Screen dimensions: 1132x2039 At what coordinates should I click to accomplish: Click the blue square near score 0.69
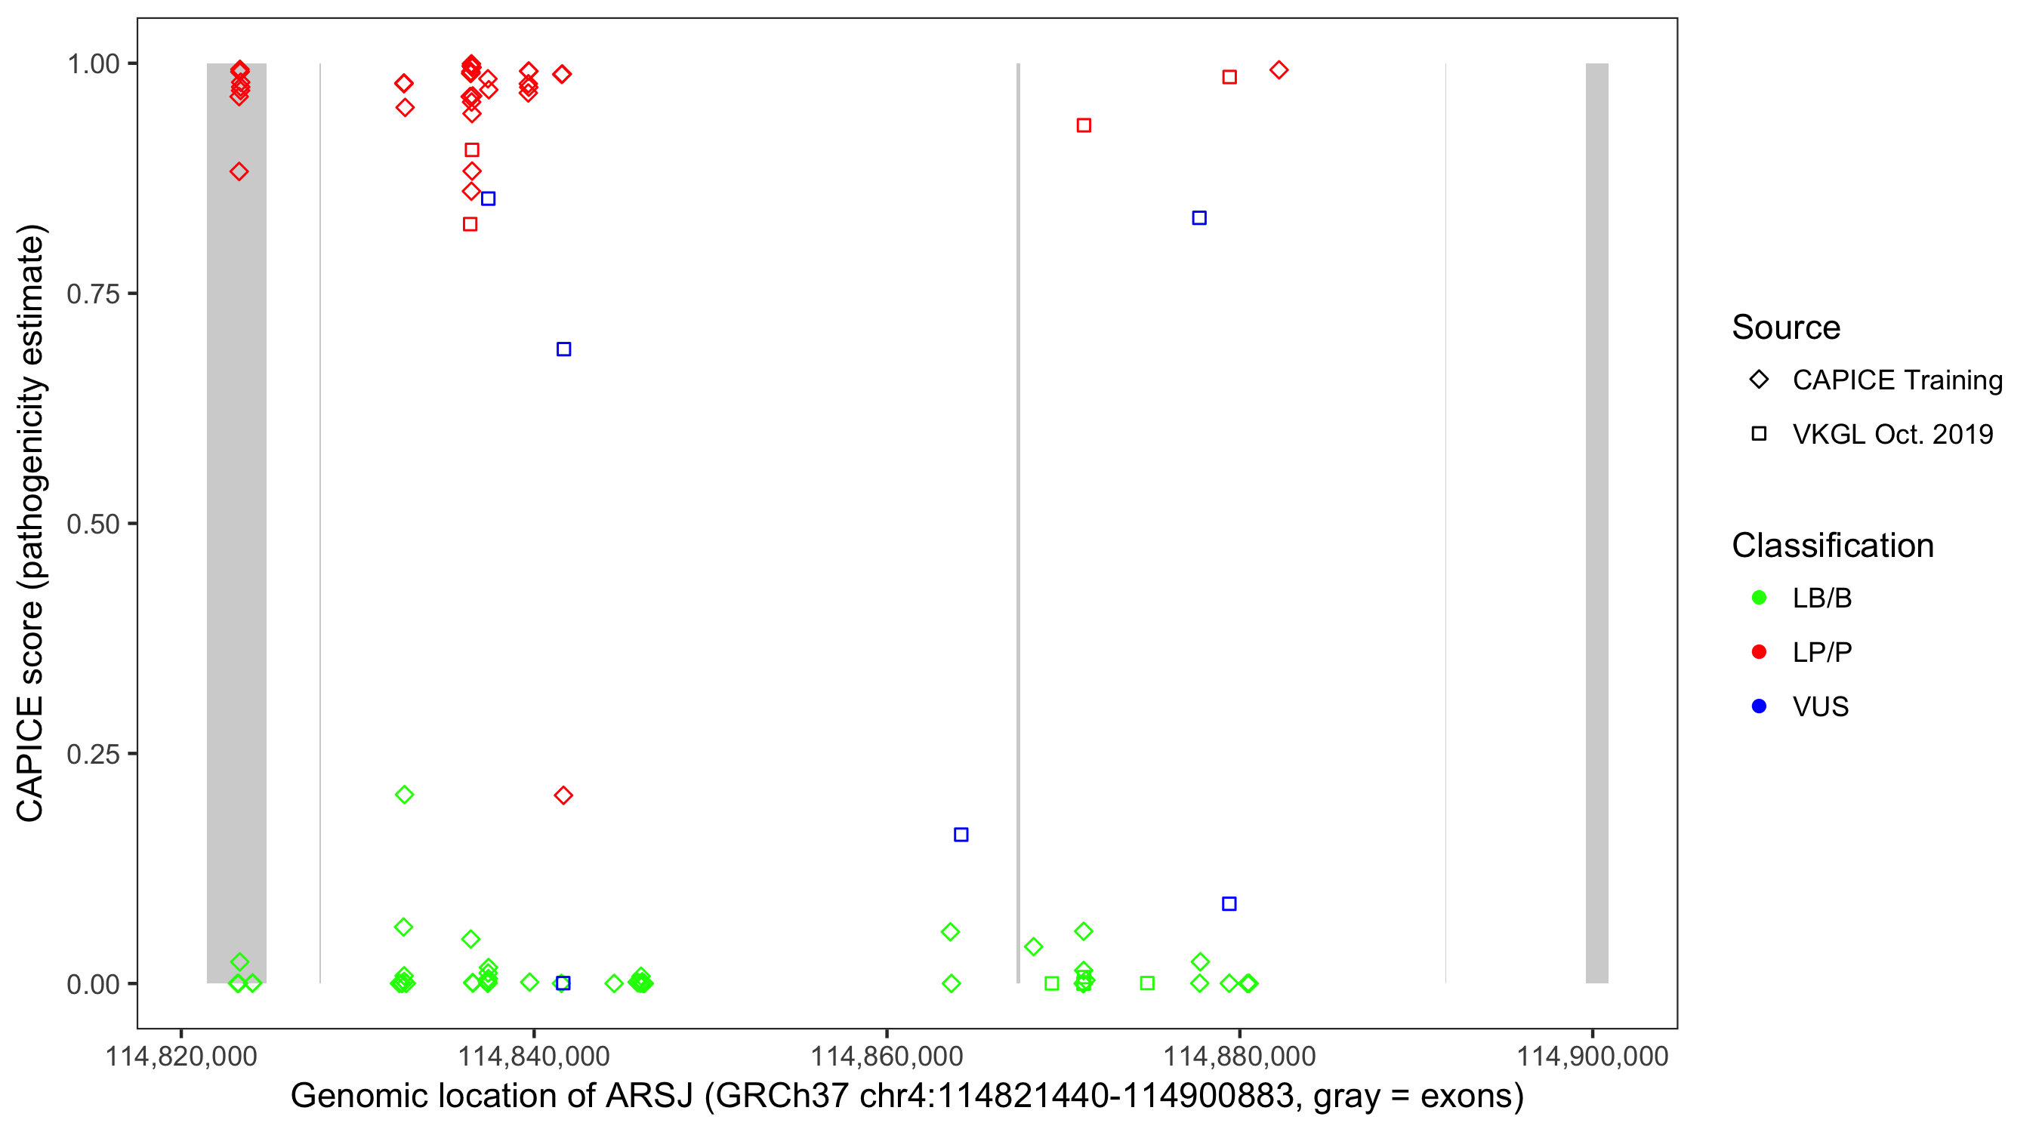pyautogui.click(x=563, y=349)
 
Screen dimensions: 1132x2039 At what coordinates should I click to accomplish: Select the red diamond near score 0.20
pyautogui.click(x=563, y=795)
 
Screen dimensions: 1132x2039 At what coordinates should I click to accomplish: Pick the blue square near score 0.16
pyautogui.click(x=961, y=835)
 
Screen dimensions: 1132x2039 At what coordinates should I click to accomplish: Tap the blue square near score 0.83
pyautogui.click(x=1199, y=217)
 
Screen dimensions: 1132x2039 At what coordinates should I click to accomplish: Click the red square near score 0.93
pyautogui.click(x=1084, y=125)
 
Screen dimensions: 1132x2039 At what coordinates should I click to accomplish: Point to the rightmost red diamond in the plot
pyautogui.click(x=1279, y=69)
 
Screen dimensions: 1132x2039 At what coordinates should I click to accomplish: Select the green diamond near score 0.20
pyautogui.click(x=404, y=794)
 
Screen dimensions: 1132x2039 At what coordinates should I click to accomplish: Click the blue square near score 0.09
pyautogui.click(x=1229, y=903)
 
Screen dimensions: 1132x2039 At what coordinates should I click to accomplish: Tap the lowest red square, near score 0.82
pyautogui.click(x=470, y=224)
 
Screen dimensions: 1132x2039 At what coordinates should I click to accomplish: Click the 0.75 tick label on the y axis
pyautogui.click(x=93, y=294)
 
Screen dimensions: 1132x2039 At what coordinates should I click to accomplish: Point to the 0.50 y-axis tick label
pyautogui.click(x=93, y=524)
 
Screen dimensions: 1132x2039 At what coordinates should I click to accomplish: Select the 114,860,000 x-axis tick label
pyautogui.click(x=887, y=1056)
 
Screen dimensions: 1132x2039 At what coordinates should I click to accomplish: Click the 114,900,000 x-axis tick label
pyautogui.click(x=1592, y=1056)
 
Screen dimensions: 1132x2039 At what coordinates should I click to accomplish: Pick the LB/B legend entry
pyautogui.click(x=1822, y=598)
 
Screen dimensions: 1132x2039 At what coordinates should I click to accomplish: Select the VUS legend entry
pyautogui.click(x=1820, y=706)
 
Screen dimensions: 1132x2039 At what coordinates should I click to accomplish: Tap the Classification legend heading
pyautogui.click(x=1832, y=545)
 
